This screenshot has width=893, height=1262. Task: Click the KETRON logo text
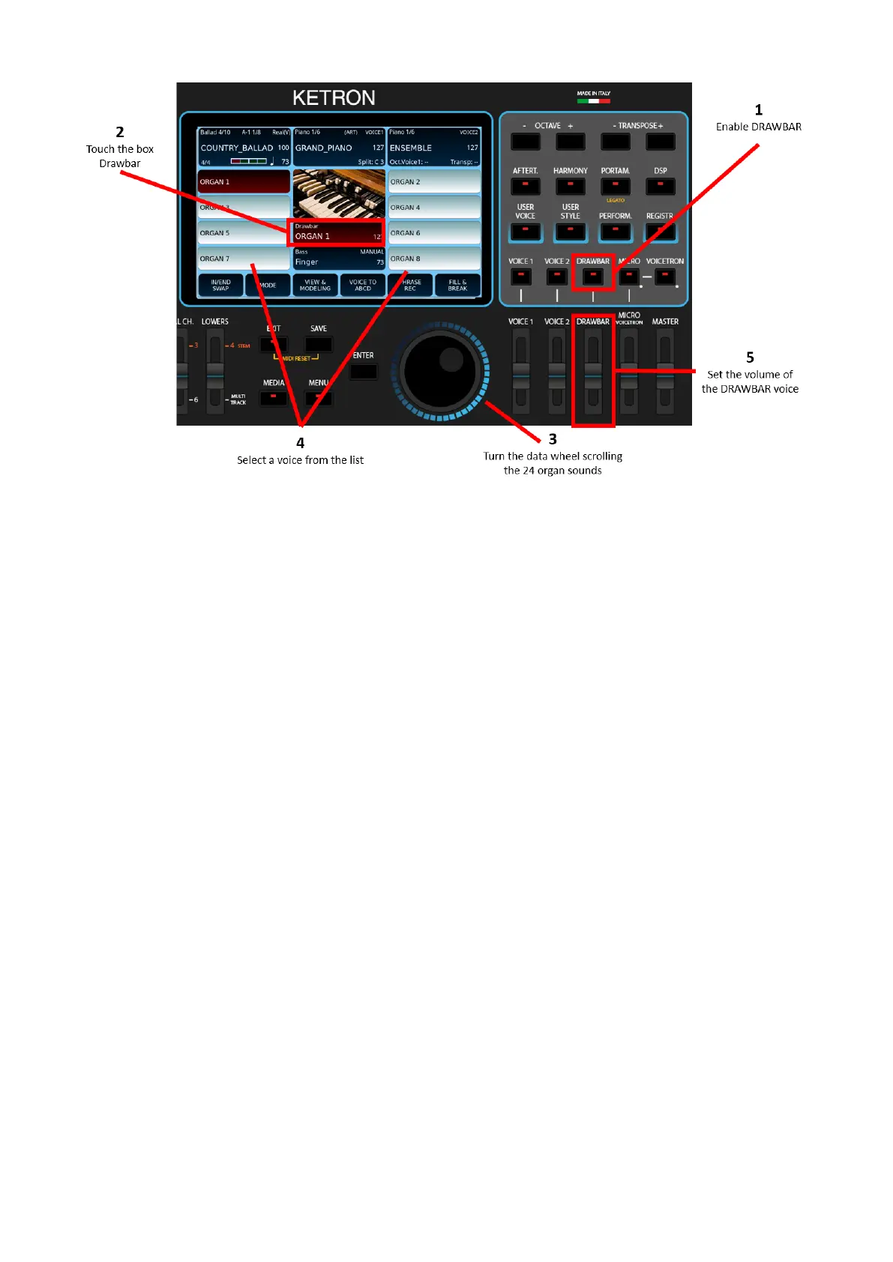click(334, 98)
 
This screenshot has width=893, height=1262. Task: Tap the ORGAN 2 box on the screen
click(434, 182)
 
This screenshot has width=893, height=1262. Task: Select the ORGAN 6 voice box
click(434, 233)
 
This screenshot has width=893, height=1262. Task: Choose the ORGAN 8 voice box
click(434, 259)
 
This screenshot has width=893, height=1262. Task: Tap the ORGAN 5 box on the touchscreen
click(243, 233)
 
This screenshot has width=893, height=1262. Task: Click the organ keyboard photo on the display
click(339, 193)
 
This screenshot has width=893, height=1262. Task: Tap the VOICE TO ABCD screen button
click(363, 286)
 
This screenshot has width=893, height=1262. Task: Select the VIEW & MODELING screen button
click(315, 286)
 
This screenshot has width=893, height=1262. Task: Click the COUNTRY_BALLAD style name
click(237, 148)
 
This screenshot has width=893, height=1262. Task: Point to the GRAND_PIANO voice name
click(324, 148)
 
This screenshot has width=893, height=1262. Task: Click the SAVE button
click(319, 345)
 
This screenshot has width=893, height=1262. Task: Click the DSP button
click(660, 186)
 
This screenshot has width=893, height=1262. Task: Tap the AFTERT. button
click(525, 186)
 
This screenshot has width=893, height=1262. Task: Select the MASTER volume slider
click(665, 372)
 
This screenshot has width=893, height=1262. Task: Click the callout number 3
click(553, 439)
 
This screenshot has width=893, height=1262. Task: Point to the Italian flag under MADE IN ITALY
click(594, 100)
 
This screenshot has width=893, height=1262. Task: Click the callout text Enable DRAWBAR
click(758, 127)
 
